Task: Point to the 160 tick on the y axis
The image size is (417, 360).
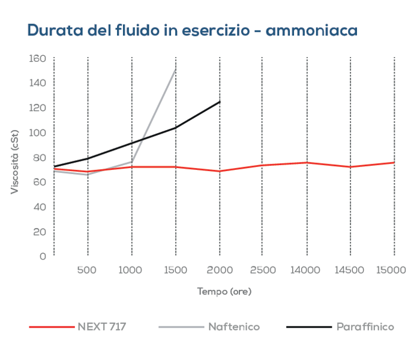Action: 37,58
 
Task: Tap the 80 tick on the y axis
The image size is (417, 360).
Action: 40,157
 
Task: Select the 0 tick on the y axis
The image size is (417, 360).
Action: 43,256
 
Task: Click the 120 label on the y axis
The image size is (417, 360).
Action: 37,108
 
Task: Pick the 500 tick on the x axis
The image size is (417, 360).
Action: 88,270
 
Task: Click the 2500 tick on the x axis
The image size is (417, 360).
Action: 262,270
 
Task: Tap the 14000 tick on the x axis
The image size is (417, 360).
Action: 306,270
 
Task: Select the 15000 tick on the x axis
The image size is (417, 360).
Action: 391,270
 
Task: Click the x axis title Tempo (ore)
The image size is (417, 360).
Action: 224,292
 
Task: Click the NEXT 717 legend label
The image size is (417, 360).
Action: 101,327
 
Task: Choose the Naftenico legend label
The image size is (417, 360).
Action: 234,327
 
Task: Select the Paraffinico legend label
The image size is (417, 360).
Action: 365,327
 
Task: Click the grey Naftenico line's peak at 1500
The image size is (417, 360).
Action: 175,69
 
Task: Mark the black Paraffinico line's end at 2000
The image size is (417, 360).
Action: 220,101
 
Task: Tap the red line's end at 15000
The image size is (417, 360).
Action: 394,163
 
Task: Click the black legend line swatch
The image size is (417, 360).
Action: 308,327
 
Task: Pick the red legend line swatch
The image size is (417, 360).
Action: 51,327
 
